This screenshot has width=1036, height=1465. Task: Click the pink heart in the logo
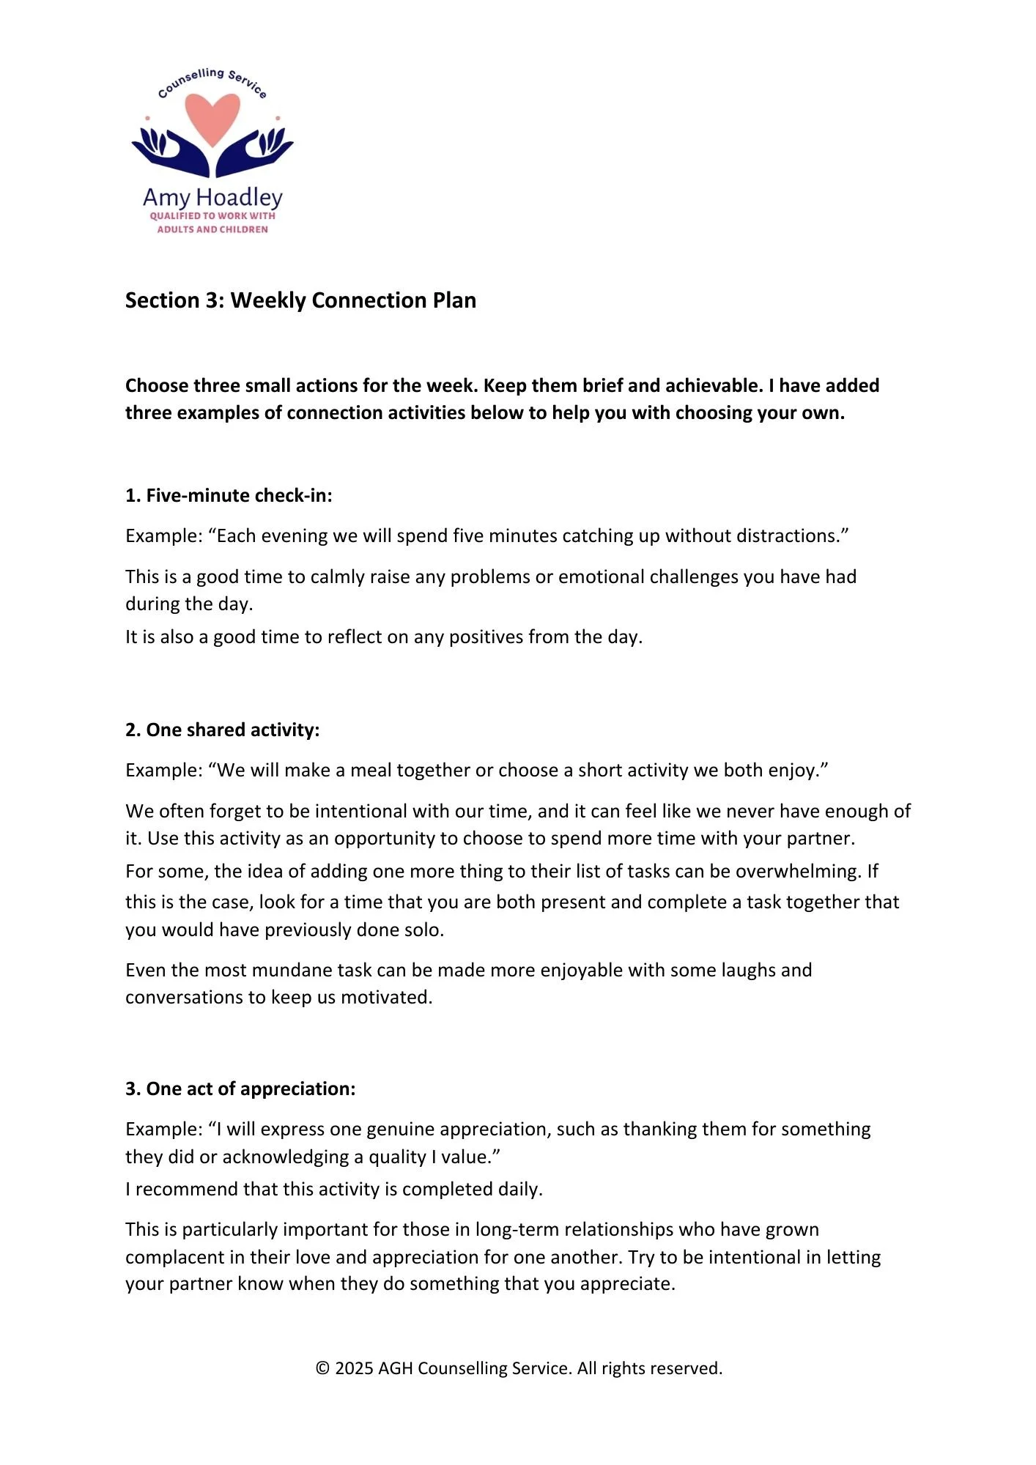pos(212,118)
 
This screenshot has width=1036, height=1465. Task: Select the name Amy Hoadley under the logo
pos(212,197)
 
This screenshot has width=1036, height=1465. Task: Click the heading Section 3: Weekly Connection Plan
pos(300,300)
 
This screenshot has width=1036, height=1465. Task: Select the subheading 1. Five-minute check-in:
pos(229,496)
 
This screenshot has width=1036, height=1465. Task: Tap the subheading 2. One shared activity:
pos(223,730)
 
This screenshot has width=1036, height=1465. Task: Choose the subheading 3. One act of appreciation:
pos(240,1089)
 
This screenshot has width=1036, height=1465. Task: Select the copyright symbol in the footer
pos(322,1368)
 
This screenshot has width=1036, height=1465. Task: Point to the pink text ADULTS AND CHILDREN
pos(212,229)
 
